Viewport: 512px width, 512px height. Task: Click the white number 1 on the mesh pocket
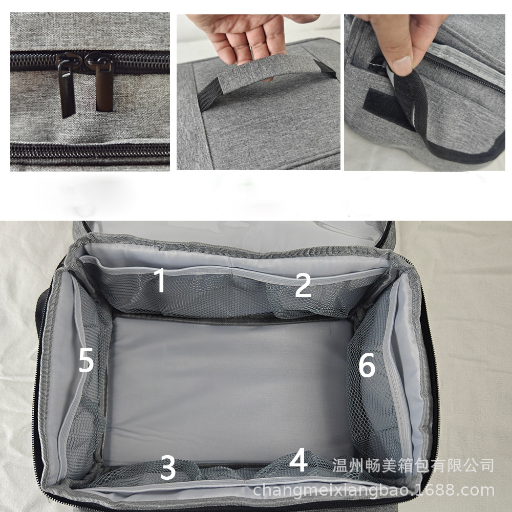point(160,280)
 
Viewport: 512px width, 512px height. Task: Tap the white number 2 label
point(303,285)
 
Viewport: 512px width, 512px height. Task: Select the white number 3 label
point(168,468)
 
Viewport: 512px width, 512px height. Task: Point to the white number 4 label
point(298,460)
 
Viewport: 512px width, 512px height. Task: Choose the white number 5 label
point(86,360)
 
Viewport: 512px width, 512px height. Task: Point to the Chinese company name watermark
point(413,465)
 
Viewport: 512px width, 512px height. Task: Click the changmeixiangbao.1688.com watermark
point(374,490)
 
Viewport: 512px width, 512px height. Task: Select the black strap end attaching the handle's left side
point(208,94)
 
